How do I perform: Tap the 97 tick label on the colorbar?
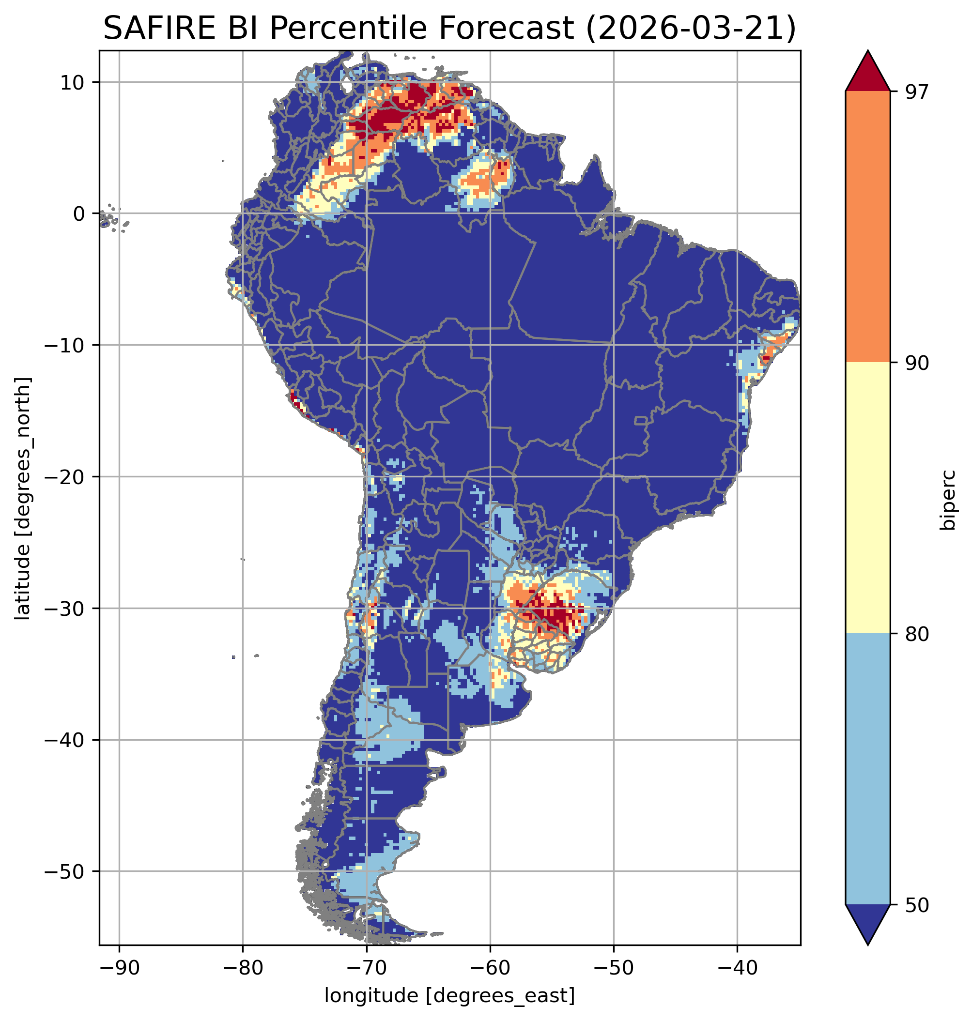click(x=917, y=91)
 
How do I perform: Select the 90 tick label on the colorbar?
click(x=917, y=363)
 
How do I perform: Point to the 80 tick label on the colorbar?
click(x=917, y=634)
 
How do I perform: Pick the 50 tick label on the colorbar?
click(x=917, y=905)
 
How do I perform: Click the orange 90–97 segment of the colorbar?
click(x=867, y=227)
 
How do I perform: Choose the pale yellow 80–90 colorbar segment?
click(x=867, y=497)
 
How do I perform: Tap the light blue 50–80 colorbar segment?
click(x=867, y=769)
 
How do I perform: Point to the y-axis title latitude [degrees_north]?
click(x=23, y=498)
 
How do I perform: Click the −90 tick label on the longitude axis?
click(x=119, y=968)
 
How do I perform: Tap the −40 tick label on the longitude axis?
click(x=737, y=968)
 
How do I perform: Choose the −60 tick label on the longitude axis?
click(x=490, y=968)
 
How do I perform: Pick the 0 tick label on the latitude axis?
click(x=79, y=213)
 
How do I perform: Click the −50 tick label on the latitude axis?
click(x=65, y=871)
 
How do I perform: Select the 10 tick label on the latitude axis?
click(x=72, y=82)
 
